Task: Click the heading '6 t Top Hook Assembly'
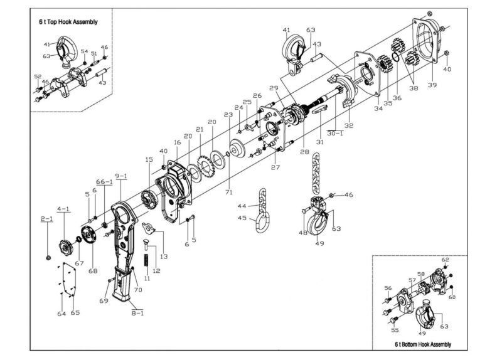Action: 68,22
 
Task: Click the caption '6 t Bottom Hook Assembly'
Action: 422,344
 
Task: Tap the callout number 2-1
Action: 47,219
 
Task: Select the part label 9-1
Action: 121,176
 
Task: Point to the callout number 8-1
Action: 137,312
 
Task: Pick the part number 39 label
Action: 431,84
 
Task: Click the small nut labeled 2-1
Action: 48,257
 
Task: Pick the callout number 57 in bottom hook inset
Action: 412,280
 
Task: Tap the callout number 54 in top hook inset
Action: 83,51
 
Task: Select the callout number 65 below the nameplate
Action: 75,312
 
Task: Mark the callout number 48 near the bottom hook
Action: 303,233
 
